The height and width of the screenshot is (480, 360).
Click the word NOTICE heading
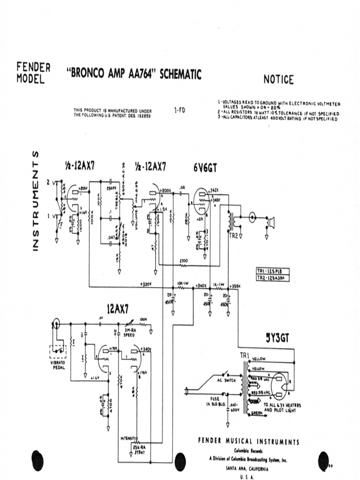click(278, 80)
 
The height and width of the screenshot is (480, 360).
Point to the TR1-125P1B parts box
click(272, 271)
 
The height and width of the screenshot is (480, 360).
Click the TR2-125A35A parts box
click(272, 278)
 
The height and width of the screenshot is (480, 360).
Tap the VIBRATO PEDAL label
click(60, 365)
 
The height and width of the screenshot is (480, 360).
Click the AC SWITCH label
click(226, 381)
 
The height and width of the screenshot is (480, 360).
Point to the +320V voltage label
click(147, 284)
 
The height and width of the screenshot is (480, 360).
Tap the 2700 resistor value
click(183, 261)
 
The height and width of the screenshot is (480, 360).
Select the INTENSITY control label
click(128, 438)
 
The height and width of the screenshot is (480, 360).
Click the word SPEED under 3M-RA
click(129, 335)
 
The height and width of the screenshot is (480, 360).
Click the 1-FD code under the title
click(179, 111)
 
